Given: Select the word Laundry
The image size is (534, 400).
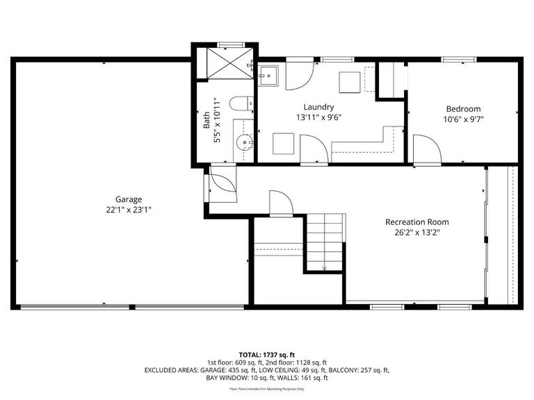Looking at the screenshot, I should coord(318,107).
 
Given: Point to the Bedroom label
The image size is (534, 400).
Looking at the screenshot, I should coord(462,109).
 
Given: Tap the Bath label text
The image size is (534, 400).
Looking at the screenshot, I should coord(207,122).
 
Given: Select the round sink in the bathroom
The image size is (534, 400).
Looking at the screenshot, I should coord(243,144).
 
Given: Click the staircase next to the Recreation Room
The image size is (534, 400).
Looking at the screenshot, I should coord(326,240).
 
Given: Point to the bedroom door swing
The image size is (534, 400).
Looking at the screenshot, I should coord(425,149).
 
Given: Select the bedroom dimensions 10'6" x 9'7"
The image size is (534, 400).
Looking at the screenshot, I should coord(462,119).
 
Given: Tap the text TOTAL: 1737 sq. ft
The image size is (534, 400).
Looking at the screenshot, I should coord(267,354).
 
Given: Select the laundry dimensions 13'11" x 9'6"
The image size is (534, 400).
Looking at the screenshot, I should coord(318,117).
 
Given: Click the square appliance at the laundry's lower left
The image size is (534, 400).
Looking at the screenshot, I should coord(283,144).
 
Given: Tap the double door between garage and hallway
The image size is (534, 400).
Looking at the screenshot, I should coord(221,184).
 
